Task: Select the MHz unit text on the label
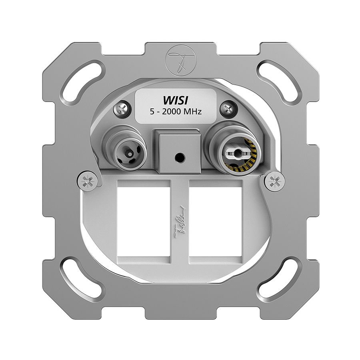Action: [192, 112]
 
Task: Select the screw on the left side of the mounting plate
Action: [88, 180]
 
